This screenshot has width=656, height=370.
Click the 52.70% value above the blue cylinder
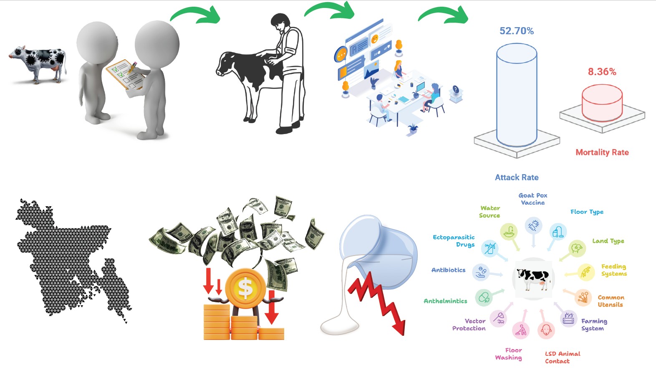coord(517,31)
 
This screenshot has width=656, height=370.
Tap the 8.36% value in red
coord(602,72)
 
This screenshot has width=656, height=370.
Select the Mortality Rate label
coord(602,152)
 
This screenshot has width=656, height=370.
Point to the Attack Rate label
coord(517,177)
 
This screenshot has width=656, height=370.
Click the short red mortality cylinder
coord(602,103)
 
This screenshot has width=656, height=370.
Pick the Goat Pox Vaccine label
coord(533,199)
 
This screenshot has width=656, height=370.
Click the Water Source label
coord(489,212)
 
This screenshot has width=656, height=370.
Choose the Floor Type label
coord(587,212)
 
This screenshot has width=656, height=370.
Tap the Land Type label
coord(608,241)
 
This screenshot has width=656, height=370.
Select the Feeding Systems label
coord(614,270)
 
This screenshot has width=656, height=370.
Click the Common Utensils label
coord(611,301)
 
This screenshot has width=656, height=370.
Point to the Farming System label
coord(594,324)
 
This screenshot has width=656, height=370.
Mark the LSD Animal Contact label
coord(562,357)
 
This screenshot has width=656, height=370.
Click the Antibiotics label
coord(448,270)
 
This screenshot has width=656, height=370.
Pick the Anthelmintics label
coord(445,301)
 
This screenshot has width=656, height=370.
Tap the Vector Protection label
coord(469,324)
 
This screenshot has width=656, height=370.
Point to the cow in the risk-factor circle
coord(533,278)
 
